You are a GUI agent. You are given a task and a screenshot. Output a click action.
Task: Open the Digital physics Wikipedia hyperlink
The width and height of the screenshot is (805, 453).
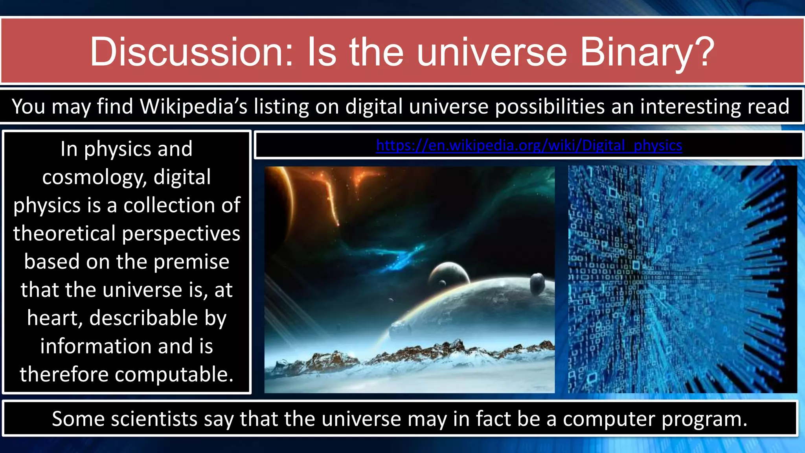529,145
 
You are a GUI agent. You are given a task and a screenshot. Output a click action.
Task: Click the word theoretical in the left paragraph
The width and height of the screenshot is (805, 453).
64,234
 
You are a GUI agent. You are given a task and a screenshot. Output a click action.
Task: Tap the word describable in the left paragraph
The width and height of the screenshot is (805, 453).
143,318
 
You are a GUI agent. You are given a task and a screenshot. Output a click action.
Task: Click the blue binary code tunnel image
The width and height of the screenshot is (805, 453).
682,279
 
